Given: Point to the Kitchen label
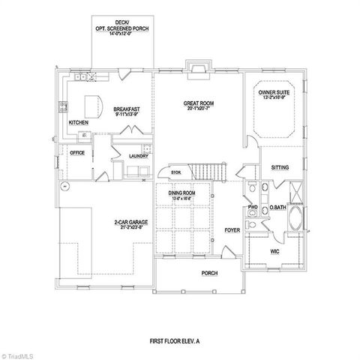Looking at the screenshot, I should (x=80, y=122).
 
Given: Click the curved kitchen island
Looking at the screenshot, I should (x=94, y=103).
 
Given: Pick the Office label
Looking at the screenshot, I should (x=76, y=152).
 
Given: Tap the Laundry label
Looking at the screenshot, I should (x=138, y=155).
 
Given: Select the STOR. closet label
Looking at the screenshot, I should (x=176, y=172).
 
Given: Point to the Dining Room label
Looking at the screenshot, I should (x=181, y=193).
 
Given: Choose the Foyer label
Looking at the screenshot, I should (x=232, y=230).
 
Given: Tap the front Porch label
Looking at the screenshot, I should (x=209, y=273).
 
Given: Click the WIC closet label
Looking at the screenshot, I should (x=274, y=252).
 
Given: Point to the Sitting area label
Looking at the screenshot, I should (x=280, y=168).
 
